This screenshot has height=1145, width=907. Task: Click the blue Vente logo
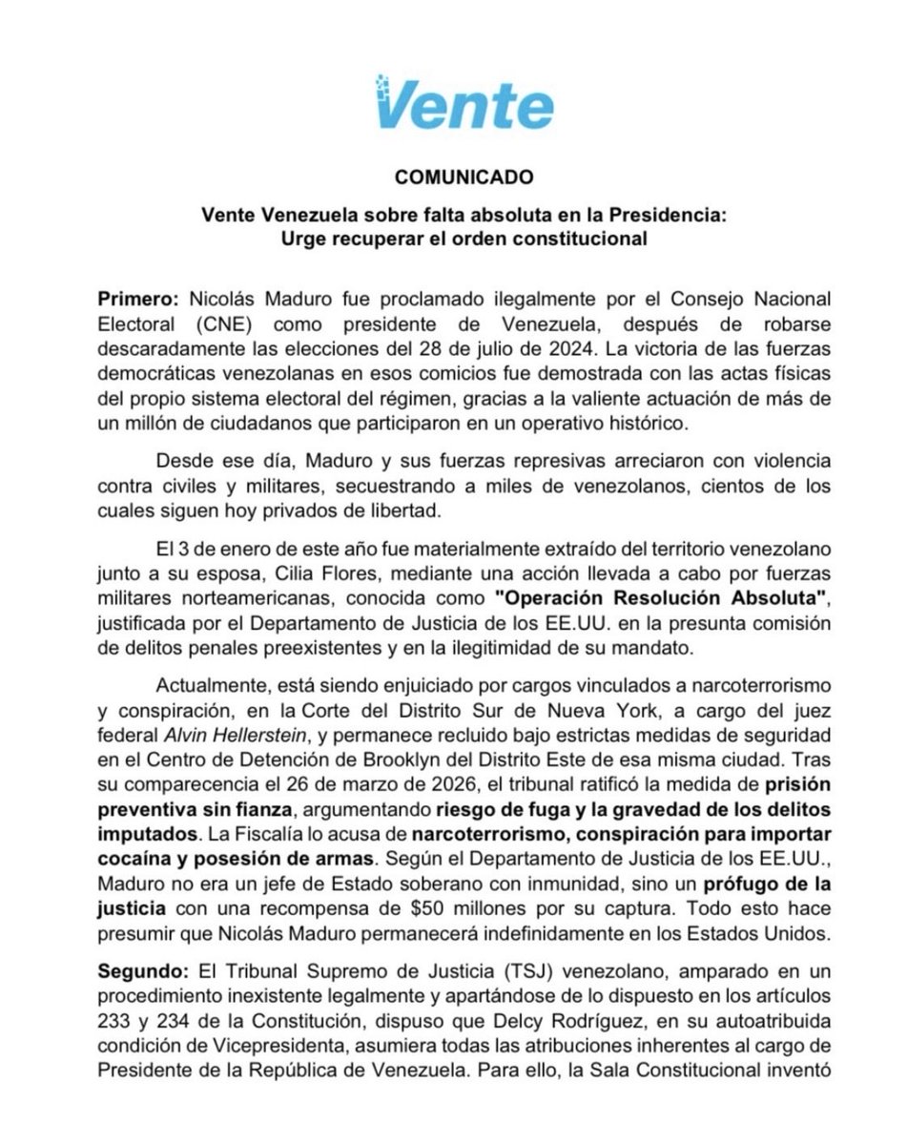(x=453, y=101)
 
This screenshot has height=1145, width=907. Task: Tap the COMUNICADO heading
(x=453, y=177)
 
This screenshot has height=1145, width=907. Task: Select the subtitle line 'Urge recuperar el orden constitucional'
(x=453, y=238)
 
